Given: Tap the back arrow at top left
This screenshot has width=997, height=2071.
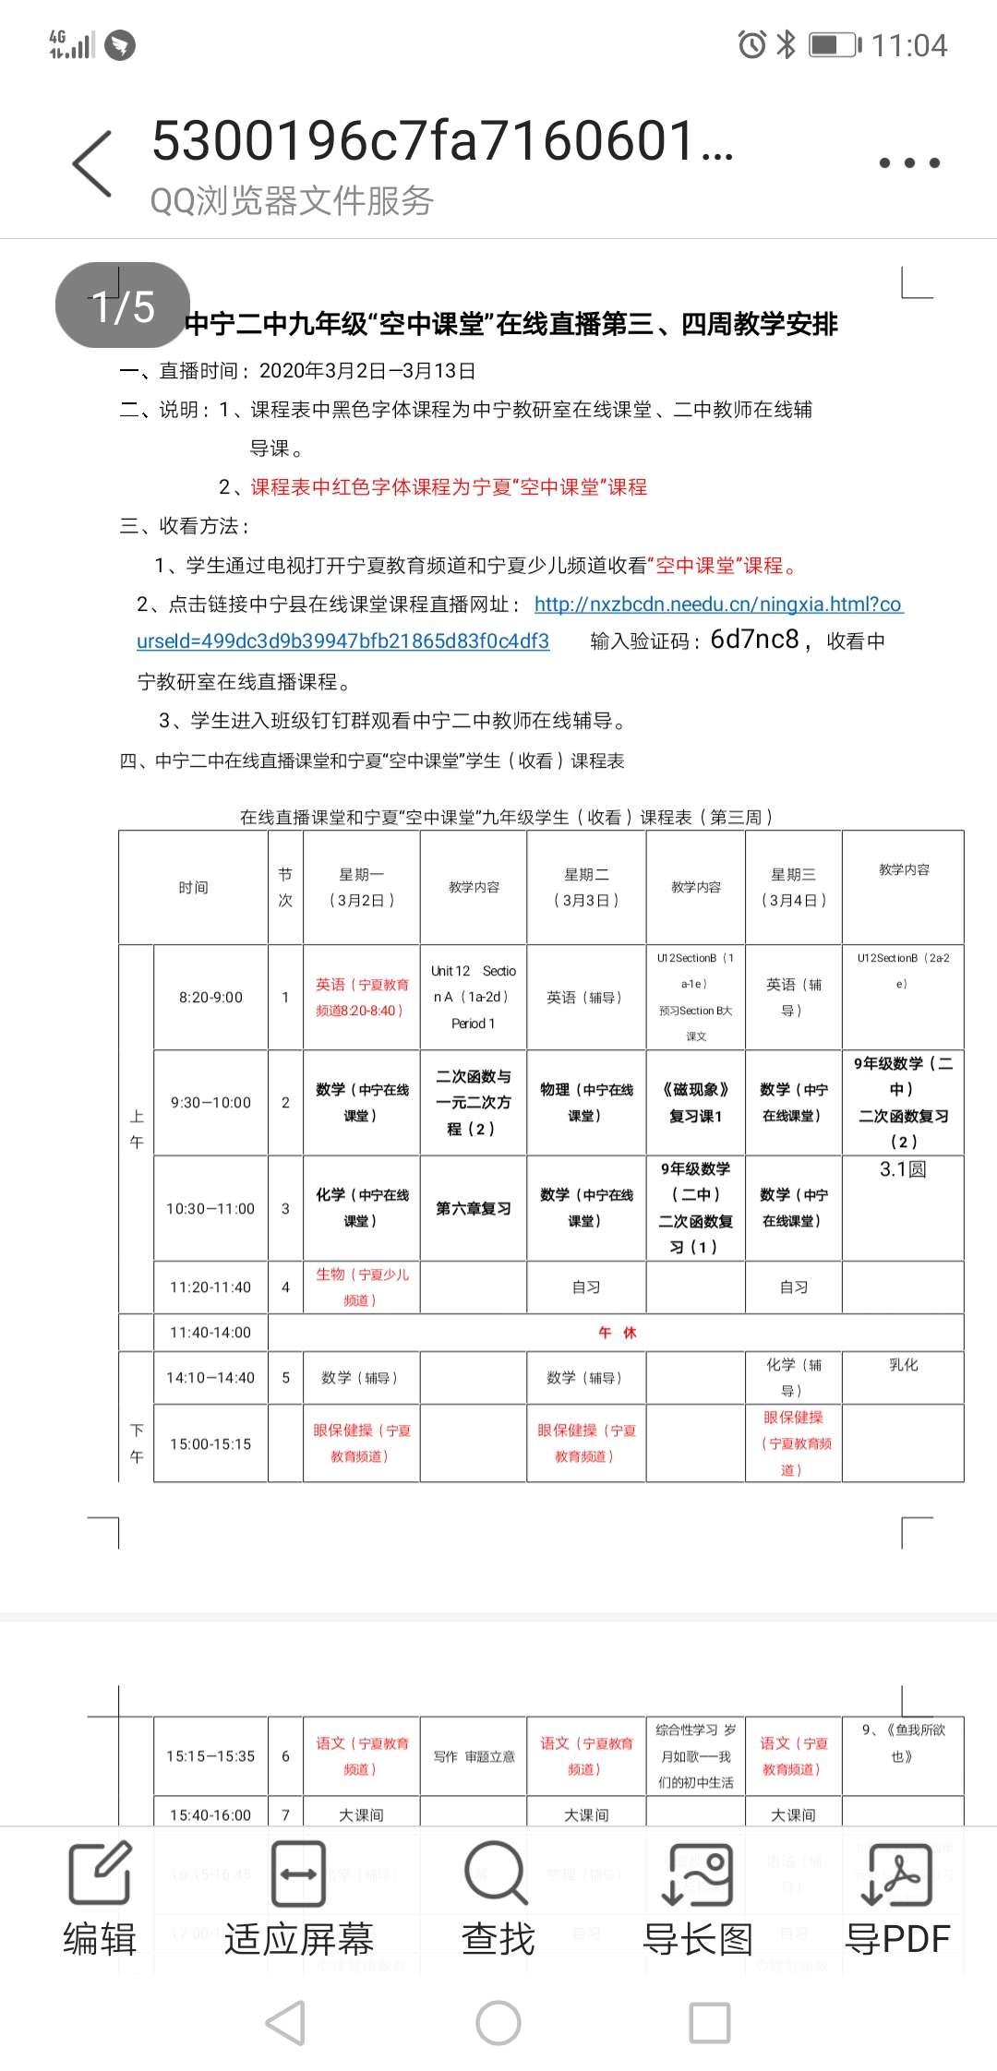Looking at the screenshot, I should pos(92,163).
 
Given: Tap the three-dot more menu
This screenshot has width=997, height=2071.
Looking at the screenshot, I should pos(908,163).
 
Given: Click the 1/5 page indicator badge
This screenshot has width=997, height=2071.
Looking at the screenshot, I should pos(123,305).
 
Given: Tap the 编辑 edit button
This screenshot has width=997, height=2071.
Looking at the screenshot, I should pos(100,1898).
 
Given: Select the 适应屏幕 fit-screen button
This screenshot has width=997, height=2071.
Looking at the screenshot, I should pos(298,1898).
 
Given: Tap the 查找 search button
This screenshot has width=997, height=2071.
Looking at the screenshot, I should pos(498,1898).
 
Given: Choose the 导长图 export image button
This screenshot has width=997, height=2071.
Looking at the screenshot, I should pos(698,1898).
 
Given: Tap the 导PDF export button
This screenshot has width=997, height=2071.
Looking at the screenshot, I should pos(897,1898).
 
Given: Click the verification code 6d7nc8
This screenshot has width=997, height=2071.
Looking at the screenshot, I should pos(754,640).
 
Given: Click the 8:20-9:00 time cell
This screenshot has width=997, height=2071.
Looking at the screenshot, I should pos(210,998).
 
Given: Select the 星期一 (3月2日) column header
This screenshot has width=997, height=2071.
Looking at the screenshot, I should pos(362,887).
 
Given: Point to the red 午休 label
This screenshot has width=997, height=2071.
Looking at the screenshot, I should pos(617,1333).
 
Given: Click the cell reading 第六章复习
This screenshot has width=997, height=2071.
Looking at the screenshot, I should pos(473,1208).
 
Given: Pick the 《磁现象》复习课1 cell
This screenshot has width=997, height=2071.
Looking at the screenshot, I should pos(695,1103).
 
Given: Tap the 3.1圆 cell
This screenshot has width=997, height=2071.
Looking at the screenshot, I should pos(902,1169).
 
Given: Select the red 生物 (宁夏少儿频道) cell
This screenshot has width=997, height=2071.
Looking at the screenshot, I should pos(362,1287).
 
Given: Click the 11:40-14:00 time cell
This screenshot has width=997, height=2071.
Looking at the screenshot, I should pos(210,1333).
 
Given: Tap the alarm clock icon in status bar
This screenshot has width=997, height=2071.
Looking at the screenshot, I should pos(751,44).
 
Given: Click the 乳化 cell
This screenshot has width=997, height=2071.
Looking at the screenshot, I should pos(903,1365).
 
